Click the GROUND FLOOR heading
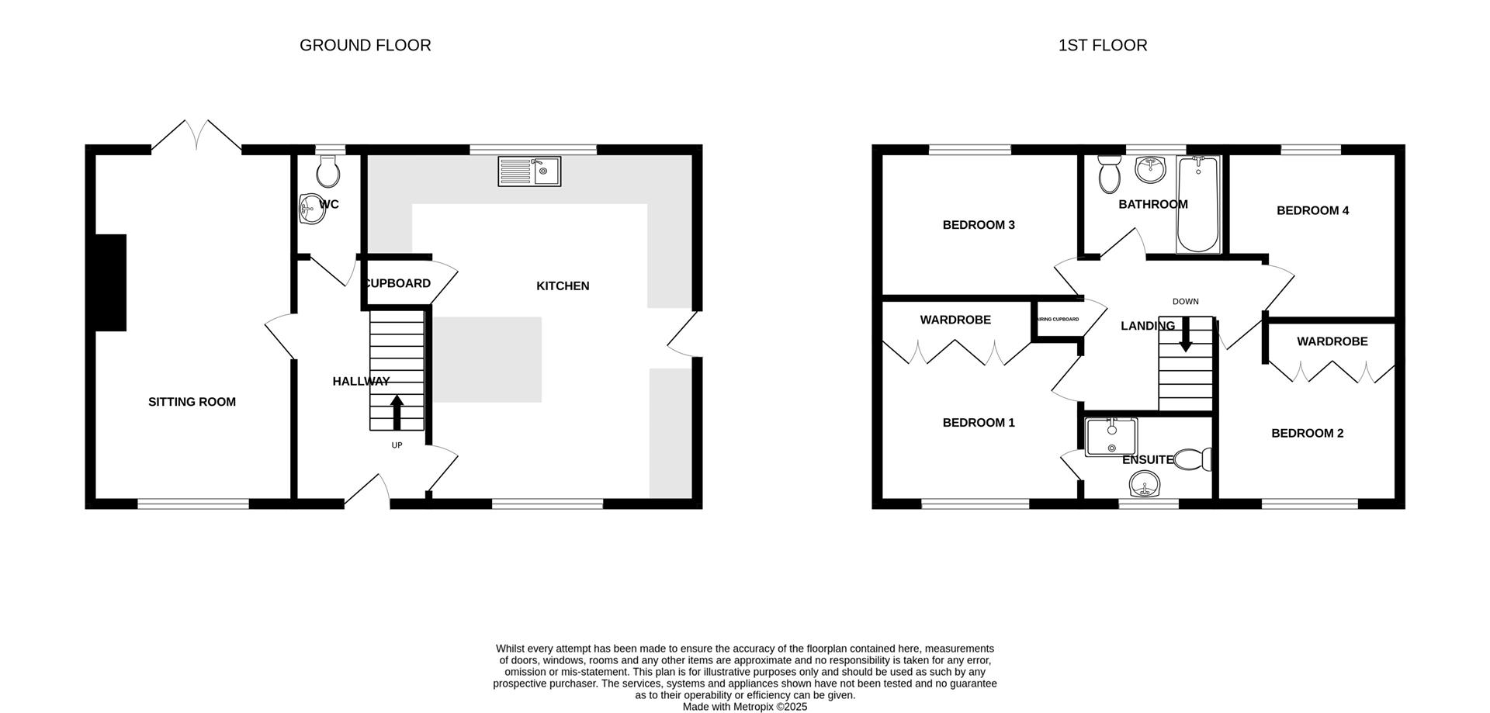(x=365, y=45)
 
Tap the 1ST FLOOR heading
(x=1103, y=45)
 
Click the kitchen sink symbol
(x=529, y=171)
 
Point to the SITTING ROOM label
(x=192, y=402)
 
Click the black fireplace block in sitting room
(x=111, y=282)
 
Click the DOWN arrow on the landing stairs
(x=1185, y=334)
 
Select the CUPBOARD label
(x=397, y=283)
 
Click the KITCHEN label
(x=563, y=286)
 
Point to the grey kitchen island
(x=487, y=359)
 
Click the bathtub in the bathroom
(x=1199, y=205)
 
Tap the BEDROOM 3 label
(x=979, y=225)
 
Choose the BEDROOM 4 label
(x=1313, y=210)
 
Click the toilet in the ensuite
(x=1194, y=460)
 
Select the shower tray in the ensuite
(x=1111, y=438)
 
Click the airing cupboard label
(x=1057, y=320)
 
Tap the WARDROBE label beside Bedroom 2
(x=1332, y=341)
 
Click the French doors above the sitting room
(x=196, y=135)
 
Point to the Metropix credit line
(x=745, y=707)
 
